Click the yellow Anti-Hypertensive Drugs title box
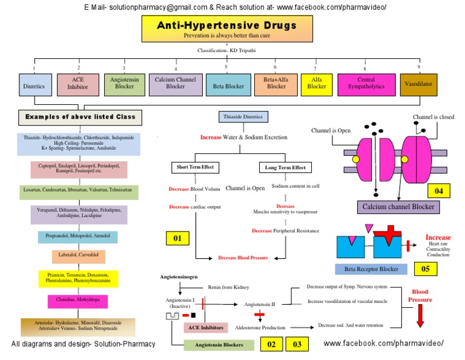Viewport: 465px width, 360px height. (226, 30)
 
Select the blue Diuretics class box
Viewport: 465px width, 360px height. (34, 85)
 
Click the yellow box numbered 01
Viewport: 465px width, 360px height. (177, 238)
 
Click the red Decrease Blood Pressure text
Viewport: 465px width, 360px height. (243, 258)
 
